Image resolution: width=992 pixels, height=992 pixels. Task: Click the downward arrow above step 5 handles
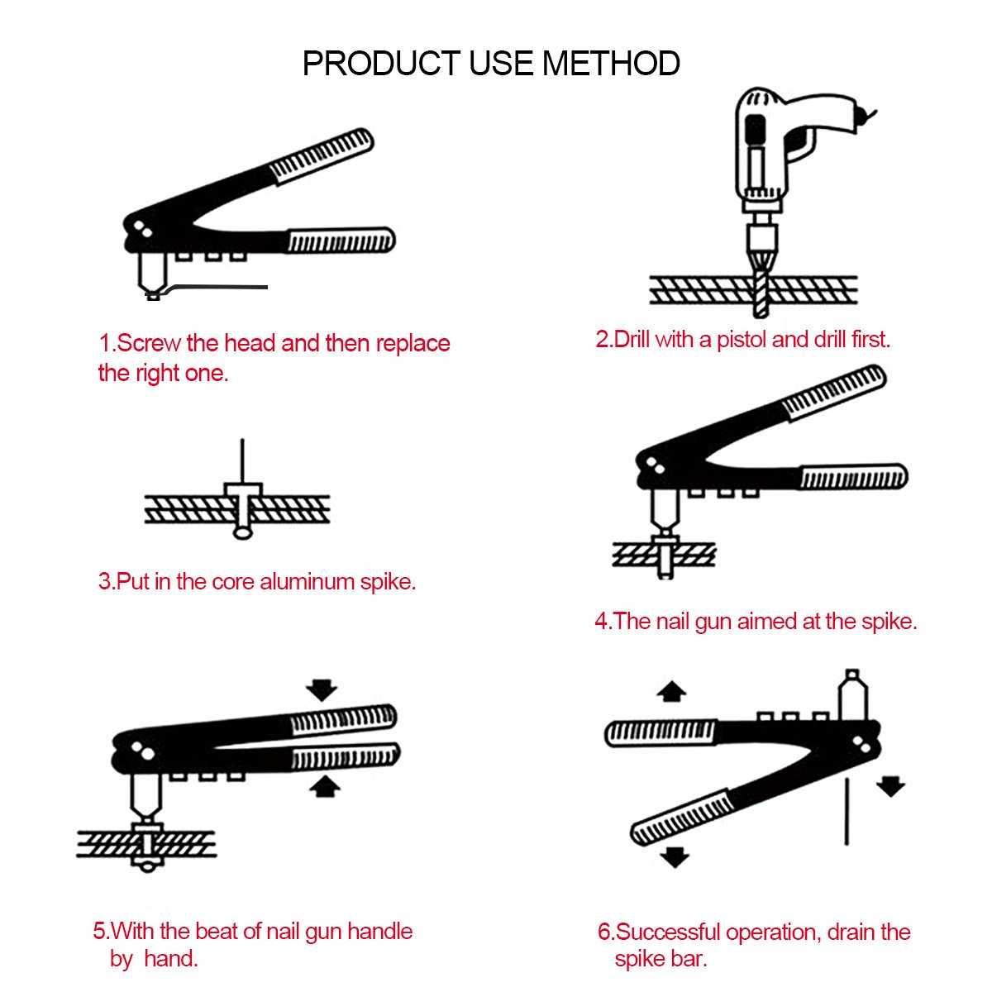pos(322,689)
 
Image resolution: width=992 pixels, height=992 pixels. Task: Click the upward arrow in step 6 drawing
pos(672,691)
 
